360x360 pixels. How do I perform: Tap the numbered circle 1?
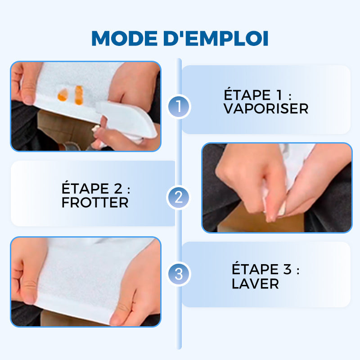tap(179, 107)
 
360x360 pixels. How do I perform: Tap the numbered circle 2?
tap(179, 197)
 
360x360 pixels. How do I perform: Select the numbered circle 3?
tap(179, 274)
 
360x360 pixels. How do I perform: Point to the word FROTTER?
tap(95, 202)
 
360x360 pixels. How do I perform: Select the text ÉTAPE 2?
tap(98, 188)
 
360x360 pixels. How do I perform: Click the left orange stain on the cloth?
tap(63, 95)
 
